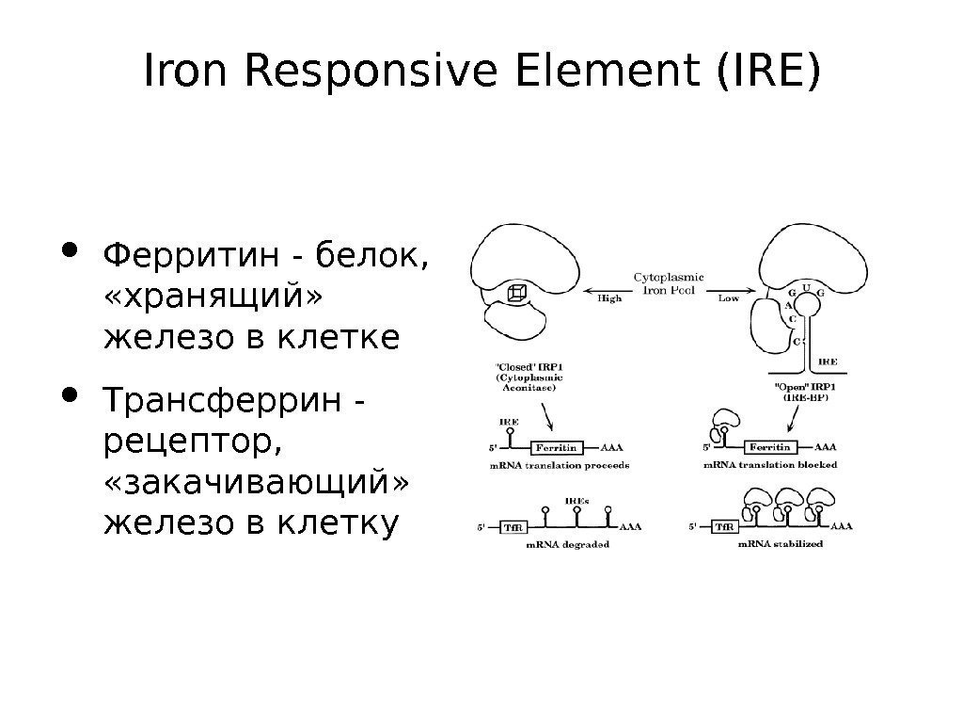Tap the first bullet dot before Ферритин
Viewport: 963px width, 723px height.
70,251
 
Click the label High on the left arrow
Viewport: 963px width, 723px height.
609,299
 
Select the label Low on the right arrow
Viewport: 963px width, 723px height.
728,299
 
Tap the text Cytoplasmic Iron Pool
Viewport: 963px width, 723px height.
669,282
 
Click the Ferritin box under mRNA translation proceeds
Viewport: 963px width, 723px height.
557,447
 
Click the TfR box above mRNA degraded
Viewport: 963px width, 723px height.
513,527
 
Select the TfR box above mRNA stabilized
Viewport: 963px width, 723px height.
724,527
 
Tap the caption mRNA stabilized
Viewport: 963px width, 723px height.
780,544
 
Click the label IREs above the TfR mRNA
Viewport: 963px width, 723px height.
576,501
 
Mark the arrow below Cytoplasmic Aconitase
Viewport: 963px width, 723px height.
545,414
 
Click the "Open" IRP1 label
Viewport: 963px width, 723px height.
808,387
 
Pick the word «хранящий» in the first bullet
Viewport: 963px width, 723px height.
212,295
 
